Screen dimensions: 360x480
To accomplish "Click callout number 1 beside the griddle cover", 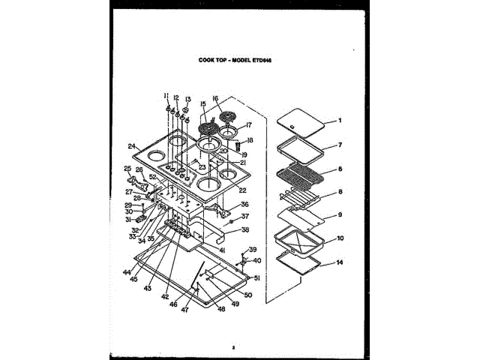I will click(x=339, y=121).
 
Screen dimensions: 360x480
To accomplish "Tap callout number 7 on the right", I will click(x=339, y=145).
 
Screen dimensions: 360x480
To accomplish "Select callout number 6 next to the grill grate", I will click(x=339, y=169).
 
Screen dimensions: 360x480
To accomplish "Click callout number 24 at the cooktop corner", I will click(x=131, y=146).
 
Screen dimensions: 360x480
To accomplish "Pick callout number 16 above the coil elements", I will click(x=214, y=98).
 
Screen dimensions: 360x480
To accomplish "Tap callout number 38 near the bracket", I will click(x=244, y=229).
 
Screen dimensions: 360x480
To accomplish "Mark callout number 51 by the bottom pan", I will click(x=256, y=277).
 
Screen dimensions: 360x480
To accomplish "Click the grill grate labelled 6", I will click(x=300, y=178).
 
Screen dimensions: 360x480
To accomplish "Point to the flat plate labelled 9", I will click(x=300, y=217).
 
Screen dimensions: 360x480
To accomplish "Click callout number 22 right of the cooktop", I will click(x=242, y=190).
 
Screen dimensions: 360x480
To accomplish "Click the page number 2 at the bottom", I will click(x=234, y=347).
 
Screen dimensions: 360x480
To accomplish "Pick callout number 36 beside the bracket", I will click(x=244, y=204).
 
